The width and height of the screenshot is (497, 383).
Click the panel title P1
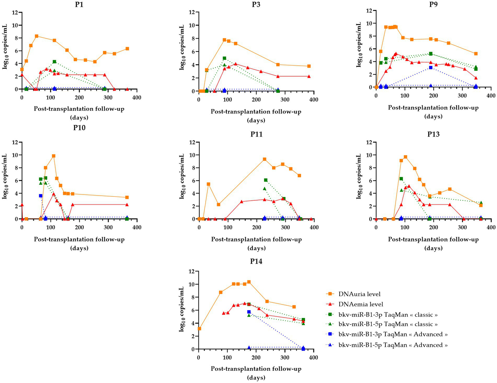[79, 4]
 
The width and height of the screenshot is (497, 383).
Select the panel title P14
[256, 261]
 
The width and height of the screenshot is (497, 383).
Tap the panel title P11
[256, 134]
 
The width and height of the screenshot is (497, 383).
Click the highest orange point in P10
[53, 156]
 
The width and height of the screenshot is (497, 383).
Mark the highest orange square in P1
[37, 36]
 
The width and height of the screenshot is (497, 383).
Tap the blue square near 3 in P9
[431, 67]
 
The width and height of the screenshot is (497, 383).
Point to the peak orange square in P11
[265, 159]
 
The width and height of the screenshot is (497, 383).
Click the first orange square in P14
[199, 329]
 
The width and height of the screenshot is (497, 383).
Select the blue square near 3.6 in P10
[40, 196]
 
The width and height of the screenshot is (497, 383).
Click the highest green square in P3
[224, 58]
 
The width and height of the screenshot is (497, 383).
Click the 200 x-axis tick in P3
[256, 100]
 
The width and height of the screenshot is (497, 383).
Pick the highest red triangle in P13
[409, 186]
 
